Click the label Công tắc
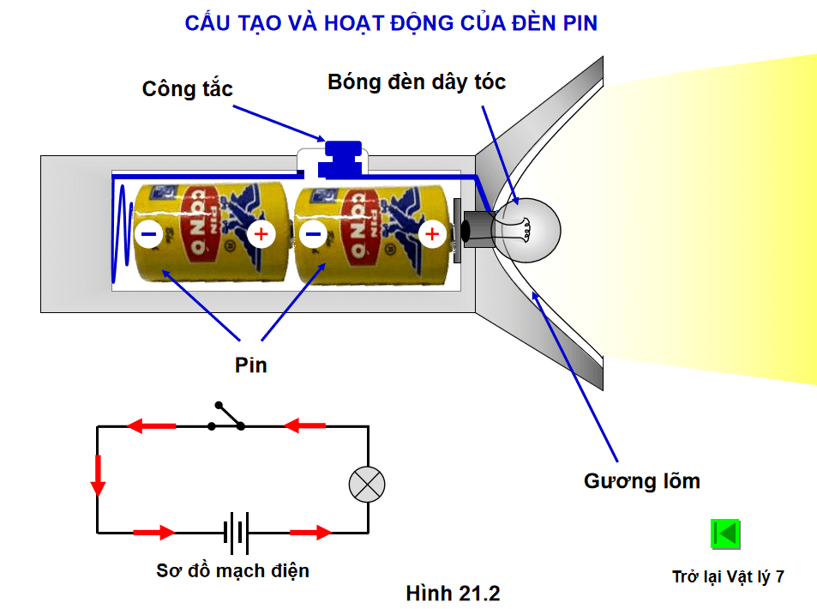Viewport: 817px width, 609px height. [187, 89]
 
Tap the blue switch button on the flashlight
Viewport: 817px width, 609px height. [339, 158]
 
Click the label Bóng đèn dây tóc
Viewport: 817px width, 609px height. [417, 82]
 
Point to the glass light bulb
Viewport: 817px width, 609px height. [532, 230]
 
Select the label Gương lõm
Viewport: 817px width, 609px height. [641, 481]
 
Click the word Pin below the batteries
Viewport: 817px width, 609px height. [251, 365]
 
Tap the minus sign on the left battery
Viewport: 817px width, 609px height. [148, 232]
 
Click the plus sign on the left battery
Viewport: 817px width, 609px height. [261, 232]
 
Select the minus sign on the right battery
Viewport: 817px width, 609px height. [314, 232]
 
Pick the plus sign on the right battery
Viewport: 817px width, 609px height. [433, 232]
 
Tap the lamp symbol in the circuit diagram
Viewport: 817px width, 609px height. [368, 485]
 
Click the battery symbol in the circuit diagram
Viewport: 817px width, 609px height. [237, 533]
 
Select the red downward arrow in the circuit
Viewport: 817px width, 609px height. [98, 476]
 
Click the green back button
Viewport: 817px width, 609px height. [725, 534]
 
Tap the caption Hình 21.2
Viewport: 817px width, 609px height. [453, 593]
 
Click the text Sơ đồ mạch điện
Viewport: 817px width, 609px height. [232, 570]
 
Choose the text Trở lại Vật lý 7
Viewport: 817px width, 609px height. [728, 576]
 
